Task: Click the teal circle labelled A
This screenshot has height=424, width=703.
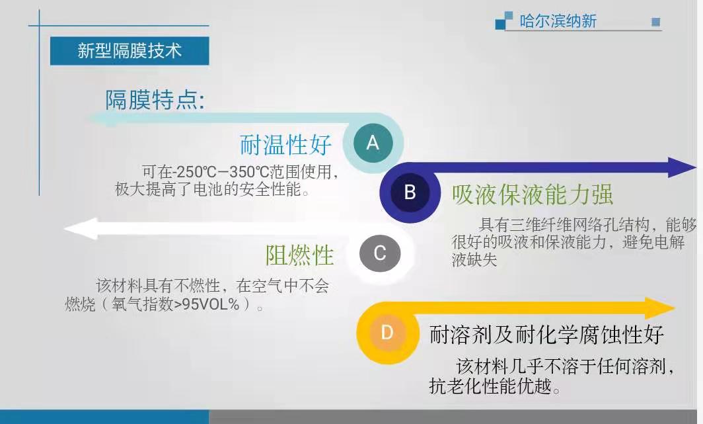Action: (x=373, y=143)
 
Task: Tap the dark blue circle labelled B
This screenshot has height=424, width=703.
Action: (x=410, y=192)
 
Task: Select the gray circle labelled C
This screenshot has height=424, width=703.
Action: (x=380, y=253)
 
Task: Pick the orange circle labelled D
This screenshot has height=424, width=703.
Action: (x=387, y=333)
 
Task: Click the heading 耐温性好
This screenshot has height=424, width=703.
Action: (x=285, y=145)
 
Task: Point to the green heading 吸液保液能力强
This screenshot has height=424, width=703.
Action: (x=532, y=194)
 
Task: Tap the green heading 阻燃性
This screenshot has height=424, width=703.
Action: (x=299, y=255)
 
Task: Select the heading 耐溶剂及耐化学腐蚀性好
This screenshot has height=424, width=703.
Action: (x=546, y=335)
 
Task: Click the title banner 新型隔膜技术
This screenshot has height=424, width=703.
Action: (x=129, y=51)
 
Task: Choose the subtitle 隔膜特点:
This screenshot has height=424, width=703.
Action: (x=155, y=100)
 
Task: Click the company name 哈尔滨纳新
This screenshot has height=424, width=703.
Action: (x=558, y=21)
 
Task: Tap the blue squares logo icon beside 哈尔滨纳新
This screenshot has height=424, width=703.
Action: (x=503, y=21)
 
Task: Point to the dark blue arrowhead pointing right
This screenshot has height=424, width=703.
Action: (x=682, y=167)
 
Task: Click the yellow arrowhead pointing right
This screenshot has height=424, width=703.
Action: (x=660, y=308)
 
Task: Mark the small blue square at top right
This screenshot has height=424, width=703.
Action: (x=655, y=22)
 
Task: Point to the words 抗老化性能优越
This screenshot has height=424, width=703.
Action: (x=490, y=386)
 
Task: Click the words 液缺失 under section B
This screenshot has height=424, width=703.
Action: (x=474, y=260)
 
